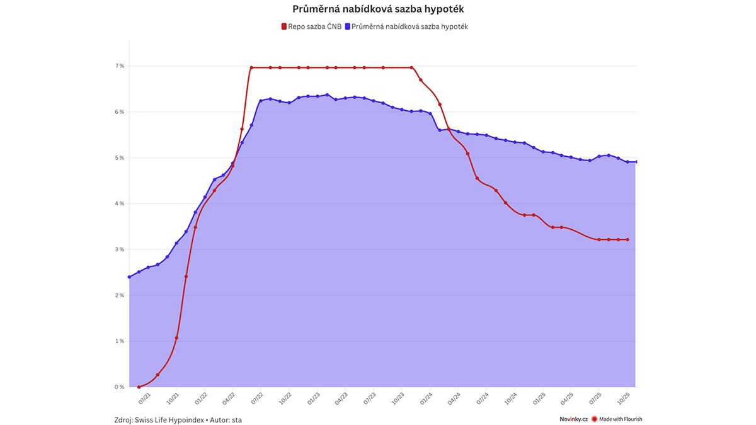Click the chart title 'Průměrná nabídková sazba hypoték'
378,9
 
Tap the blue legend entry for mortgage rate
409,26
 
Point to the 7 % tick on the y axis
119,66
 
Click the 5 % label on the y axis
119,158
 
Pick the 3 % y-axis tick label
119,249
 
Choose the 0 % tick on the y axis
119,387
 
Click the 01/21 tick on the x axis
144,398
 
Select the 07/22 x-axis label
257,398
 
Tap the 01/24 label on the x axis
427,398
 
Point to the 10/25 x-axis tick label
624,398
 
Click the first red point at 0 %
139,387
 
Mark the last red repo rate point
627,239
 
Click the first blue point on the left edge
129,277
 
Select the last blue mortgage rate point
636,162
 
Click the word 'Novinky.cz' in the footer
573,419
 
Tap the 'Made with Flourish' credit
621,419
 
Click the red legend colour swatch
283,26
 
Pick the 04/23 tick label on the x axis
341,398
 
